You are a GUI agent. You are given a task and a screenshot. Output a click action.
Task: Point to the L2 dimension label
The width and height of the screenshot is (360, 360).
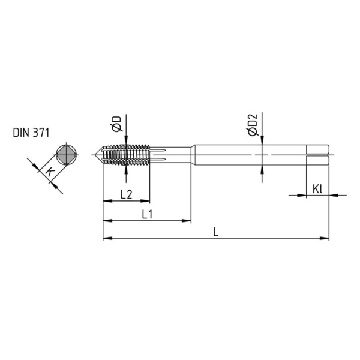(126, 194)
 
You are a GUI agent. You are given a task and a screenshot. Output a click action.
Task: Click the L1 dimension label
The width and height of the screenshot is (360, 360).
(148, 213)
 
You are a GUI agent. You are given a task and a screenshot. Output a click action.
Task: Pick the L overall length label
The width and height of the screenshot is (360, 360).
(216, 231)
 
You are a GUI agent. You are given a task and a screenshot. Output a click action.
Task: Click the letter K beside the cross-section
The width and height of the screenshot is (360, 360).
(50, 173)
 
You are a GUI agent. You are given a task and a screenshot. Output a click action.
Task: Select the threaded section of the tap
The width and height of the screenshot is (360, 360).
(126, 155)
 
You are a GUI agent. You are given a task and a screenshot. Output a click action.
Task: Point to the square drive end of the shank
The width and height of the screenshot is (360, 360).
(317, 155)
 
